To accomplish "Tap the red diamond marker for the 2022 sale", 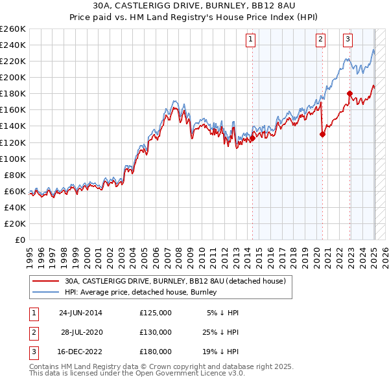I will pyautogui.click(x=349, y=93).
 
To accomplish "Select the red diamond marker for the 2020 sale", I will pyautogui.click(x=322, y=134).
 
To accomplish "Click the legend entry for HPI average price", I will pyautogui.click(x=140, y=292).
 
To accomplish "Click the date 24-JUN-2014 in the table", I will pyautogui.click(x=80, y=313).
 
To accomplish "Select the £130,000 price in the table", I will pyautogui.click(x=156, y=332).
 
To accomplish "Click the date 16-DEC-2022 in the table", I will pyautogui.click(x=80, y=352).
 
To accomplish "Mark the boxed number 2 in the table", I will pyautogui.click(x=32, y=332).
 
